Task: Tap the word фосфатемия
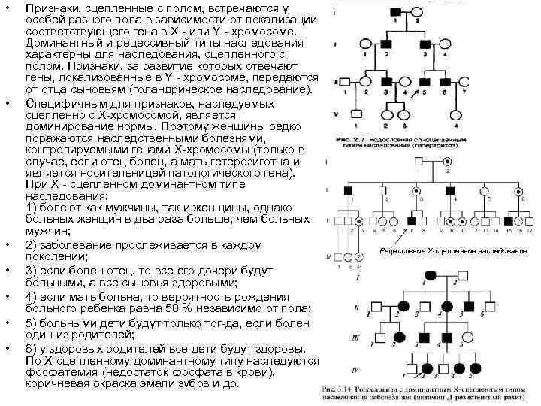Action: [58, 372]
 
